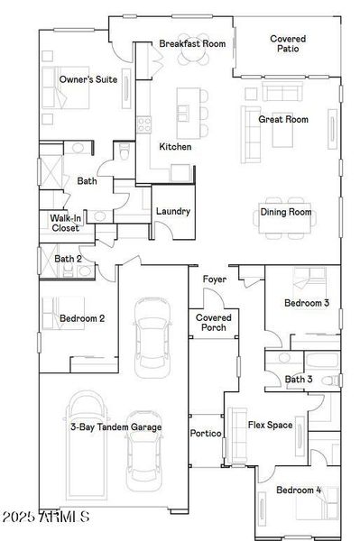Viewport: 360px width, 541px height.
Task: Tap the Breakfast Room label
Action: click(191, 43)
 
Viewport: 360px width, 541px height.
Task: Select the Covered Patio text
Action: click(288, 43)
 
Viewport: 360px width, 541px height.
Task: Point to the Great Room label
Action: click(283, 119)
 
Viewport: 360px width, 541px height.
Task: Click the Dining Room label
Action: click(286, 212)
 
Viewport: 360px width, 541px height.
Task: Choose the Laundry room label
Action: click(172, 212)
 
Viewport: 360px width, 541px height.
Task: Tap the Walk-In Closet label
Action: click(65, 223)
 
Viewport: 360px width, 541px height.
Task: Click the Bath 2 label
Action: click(69, 259)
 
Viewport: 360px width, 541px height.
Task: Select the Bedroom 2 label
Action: click(82, 318)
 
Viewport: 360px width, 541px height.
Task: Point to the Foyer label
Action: click(214, 280)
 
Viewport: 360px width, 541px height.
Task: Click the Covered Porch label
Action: click(214, 323)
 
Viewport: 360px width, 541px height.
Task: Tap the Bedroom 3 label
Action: click(307, 303)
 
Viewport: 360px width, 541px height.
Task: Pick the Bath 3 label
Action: click(299, 380)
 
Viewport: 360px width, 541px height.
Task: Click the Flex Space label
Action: click(270, 425)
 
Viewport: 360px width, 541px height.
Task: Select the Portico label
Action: click(206, 434)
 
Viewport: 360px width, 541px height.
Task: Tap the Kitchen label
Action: click(175, 146)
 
